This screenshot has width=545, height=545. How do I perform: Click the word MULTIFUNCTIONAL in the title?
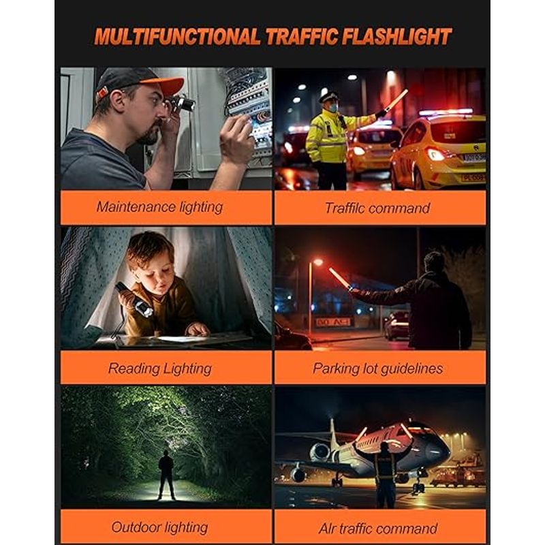pos(177,37)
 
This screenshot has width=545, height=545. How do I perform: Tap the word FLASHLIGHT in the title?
pos(396,37)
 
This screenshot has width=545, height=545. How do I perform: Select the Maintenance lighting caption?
pos(159,207)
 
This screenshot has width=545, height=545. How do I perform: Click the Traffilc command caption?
pos(377,208)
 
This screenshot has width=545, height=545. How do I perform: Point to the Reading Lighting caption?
pos(160,369)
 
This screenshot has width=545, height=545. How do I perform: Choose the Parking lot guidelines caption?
pos(378,369)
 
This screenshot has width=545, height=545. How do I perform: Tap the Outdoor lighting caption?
pos(160,527)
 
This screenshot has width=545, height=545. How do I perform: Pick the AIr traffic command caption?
pos(378,529)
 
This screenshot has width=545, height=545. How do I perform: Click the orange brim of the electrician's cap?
pos(167,85)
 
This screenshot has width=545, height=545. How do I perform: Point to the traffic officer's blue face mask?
pos(334,108)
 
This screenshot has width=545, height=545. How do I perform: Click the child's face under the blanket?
pos(157,277)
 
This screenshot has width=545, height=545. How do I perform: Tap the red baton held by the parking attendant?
pos(341,279)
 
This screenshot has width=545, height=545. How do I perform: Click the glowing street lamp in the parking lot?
pos(317,262)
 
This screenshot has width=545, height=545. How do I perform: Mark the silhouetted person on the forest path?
pos(166,474)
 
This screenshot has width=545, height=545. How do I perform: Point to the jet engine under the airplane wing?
pos(320,452)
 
